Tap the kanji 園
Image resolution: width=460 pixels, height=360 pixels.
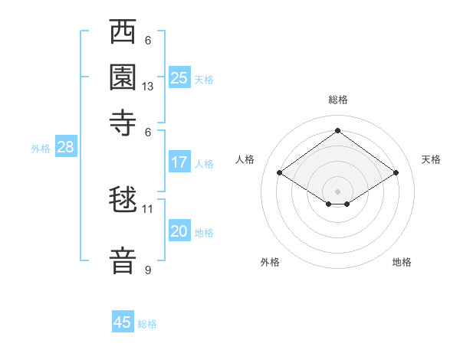(123, 77)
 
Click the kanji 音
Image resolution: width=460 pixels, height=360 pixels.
(123, 260)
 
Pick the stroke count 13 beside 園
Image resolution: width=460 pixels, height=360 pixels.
(148, 87)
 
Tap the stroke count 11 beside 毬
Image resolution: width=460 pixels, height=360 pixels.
(148, 208)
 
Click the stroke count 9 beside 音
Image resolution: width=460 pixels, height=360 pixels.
(148, 270)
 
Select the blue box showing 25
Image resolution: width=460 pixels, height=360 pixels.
(179, 78)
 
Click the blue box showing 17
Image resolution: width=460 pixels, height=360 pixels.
(179, 162)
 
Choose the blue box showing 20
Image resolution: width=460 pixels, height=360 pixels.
(179, 232)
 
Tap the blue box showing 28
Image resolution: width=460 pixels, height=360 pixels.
(65, 148)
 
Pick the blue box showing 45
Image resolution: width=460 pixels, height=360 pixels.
(123, 322)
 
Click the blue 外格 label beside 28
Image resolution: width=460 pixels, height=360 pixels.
(41, 149)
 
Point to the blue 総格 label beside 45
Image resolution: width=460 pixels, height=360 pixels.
(147, 324)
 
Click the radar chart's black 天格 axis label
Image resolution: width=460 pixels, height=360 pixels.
(431, 159)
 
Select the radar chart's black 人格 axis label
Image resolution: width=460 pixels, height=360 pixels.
(245, 159)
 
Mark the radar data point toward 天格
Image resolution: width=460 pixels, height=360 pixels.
(396, 173)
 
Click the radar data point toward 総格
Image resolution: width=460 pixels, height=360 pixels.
(337, 131)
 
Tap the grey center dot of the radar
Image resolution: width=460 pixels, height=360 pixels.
(337, 191)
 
